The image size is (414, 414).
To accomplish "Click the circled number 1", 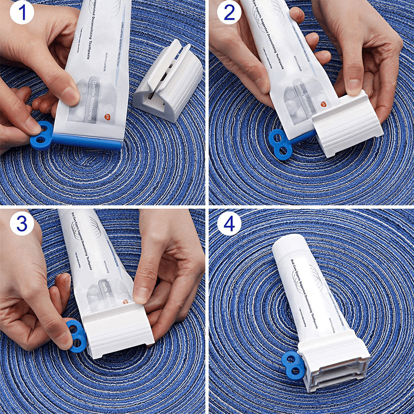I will tap(19, 14).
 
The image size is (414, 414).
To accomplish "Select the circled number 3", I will tap(19, 224).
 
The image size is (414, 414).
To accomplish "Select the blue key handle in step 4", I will tap(292, 362).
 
